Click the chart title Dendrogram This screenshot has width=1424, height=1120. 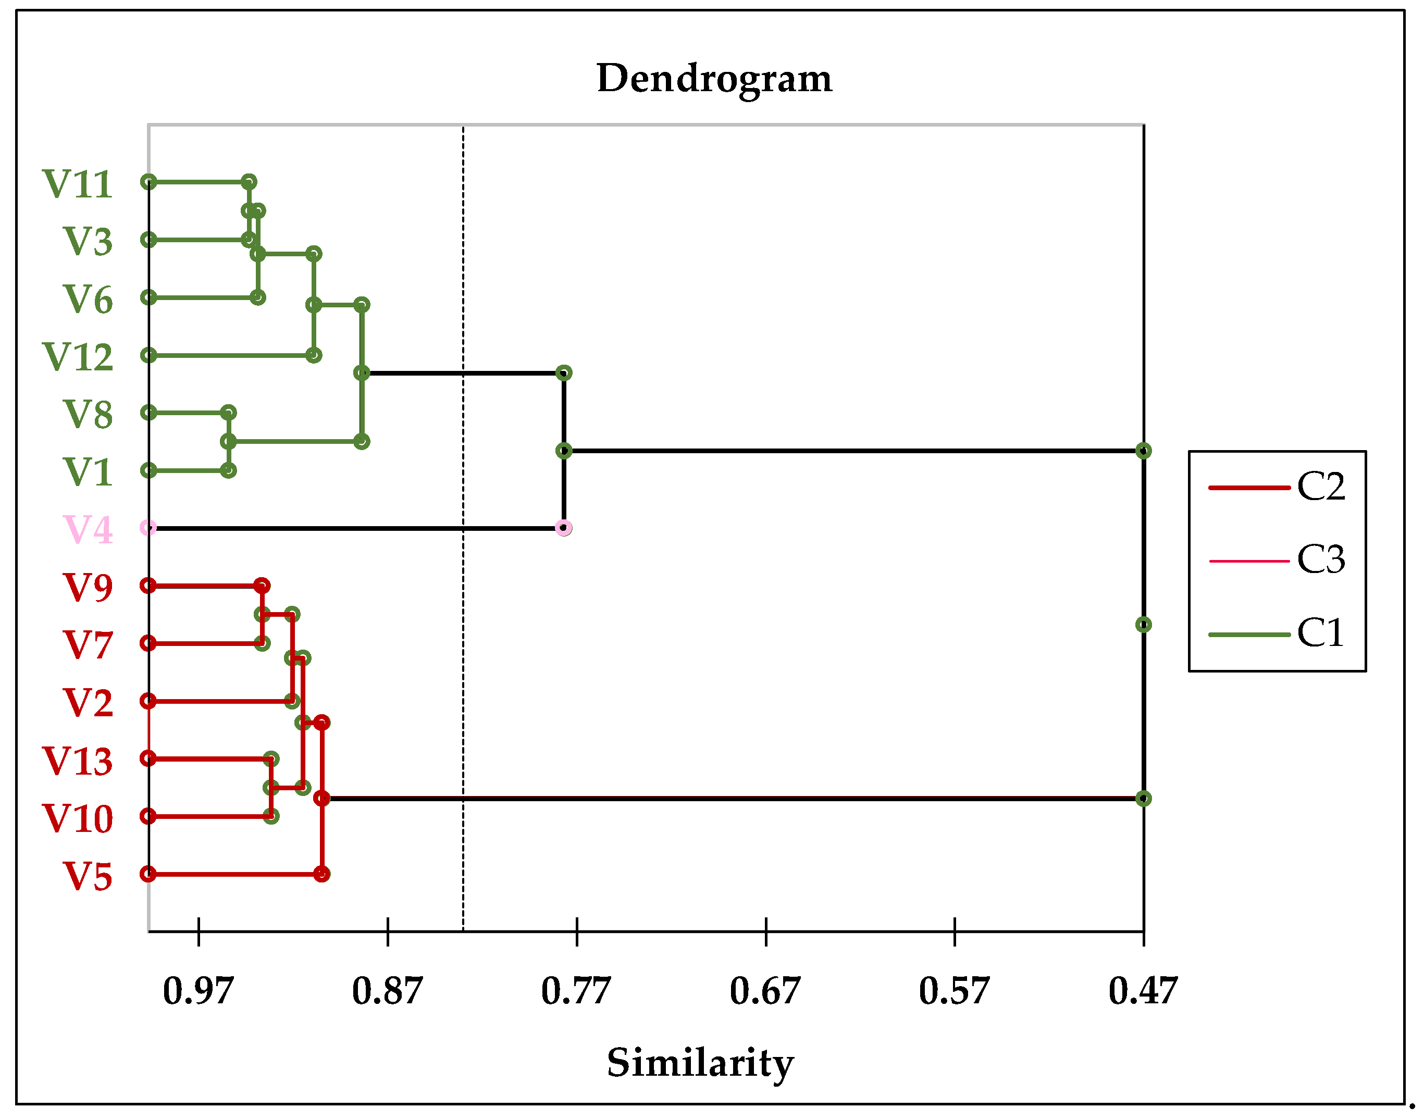[x=714, y=79]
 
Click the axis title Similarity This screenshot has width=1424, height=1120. [x=700, y=1062]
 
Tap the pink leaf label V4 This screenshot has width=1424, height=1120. [x=87, y=529]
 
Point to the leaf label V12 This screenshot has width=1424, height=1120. [x=78, y=357]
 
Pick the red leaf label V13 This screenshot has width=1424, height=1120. [x=78, y=761]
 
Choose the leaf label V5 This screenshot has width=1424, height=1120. [x=87, y=877]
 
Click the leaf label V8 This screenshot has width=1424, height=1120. [x=87, y=415]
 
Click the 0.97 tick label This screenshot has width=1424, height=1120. [x=198, y=991]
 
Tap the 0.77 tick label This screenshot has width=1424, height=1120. [x=576, y=991]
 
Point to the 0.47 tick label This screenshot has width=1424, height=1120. [x=1143, y=991]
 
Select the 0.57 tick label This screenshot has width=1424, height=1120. [x=954, y=991]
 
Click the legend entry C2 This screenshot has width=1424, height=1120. [x=1320, y=487]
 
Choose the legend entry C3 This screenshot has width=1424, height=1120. [x=1320, y=560]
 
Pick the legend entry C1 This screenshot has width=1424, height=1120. [x=1320, y=633]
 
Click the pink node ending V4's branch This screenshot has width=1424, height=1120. [x=563, y=528]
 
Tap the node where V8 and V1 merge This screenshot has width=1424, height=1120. [x=228, y=441]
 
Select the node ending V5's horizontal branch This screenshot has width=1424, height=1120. [x=321, y=874]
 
